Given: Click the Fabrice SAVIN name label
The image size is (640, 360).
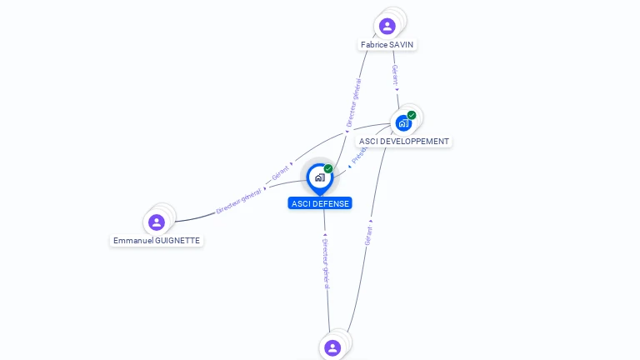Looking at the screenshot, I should coord(387,44).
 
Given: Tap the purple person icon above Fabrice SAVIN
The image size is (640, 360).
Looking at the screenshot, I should coord(387,26).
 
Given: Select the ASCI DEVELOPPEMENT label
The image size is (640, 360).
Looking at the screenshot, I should coord(404,142).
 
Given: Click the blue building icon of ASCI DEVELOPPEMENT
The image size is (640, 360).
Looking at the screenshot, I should coord(403,123).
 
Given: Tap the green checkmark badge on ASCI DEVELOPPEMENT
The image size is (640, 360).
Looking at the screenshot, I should coord(412,115).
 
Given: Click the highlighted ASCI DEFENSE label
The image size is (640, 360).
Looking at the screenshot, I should coord(320,203).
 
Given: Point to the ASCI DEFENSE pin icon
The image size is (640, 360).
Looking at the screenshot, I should coord(319,177).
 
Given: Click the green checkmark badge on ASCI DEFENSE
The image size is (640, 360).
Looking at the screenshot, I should coord(328,168).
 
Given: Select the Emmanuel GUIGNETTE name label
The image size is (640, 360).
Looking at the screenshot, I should coord(157,240).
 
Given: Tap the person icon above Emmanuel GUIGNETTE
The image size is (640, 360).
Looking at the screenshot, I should coord(157,222).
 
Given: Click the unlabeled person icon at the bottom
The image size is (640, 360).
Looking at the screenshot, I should coord(332,347).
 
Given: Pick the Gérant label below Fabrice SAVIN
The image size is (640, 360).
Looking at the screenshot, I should coord(395,74).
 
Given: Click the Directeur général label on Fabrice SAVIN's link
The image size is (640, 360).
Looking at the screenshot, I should coord(354,102).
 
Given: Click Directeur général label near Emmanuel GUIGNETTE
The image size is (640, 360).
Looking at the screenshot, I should coord(239,201).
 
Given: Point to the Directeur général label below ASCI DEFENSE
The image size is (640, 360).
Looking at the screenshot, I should coord(327,262).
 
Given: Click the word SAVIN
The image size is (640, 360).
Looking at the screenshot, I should coord(402,44).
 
